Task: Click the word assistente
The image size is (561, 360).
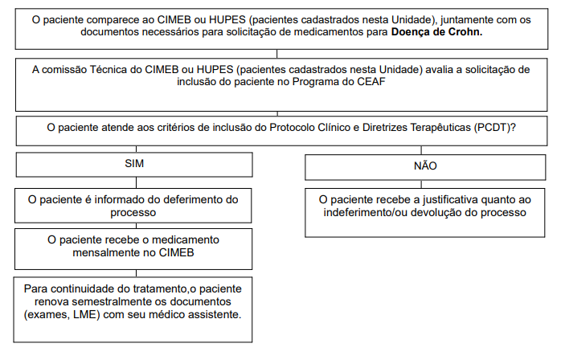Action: coord(211,314)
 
